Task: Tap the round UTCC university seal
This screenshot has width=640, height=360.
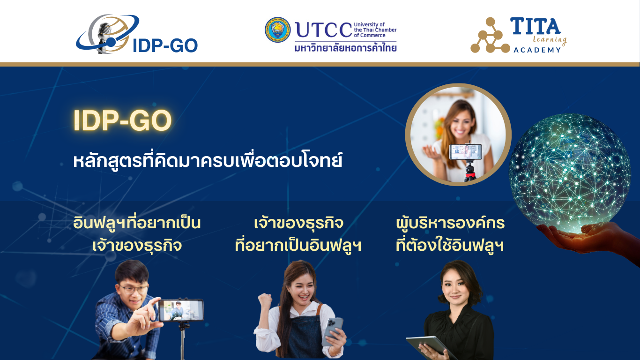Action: tap(278, 30)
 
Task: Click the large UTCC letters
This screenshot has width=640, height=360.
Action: tap(324, 30)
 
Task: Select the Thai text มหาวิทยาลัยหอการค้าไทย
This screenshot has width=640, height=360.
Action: tap(346, 48)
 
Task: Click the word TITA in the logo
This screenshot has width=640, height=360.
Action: tap(535, 26)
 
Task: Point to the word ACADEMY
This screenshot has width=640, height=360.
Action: tap(537, 50)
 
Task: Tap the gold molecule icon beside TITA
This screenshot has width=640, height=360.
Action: tap(490, 36)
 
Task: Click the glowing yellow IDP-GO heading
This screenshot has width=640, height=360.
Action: tap(123, 120)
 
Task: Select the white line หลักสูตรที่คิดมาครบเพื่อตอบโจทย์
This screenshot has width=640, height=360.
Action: tap(208, 161)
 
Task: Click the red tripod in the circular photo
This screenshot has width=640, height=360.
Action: tap(470, 172)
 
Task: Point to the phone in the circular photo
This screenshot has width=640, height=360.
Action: tap(465, 152)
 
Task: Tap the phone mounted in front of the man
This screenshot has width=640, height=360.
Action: tap(181, 310)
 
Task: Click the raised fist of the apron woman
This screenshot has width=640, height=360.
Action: tap(265, 301)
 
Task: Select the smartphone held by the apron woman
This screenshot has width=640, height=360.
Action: tap(332, 331)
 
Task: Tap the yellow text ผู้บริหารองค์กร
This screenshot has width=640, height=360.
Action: tap(450, 223)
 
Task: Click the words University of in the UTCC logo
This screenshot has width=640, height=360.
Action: tap(369, 24)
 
